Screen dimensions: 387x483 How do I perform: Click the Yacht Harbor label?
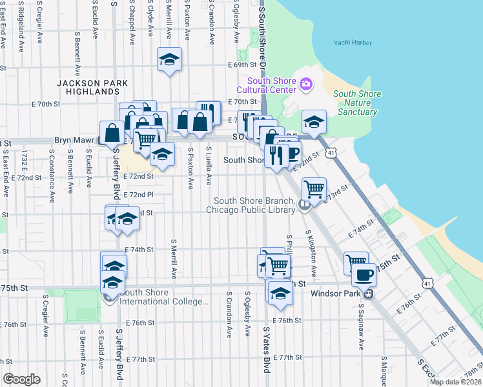coord(353,43)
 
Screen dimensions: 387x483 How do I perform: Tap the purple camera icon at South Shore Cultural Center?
coord(305,83)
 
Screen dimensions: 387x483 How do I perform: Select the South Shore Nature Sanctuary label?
coord(357,103)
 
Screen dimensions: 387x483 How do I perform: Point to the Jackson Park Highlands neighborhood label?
coord(92,88)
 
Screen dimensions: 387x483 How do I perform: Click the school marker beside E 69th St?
coord(169,60)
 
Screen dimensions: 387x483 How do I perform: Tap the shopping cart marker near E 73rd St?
coord(314,190)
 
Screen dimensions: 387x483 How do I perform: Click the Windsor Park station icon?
coord(368,293)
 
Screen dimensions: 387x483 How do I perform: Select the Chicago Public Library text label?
coord(251,209)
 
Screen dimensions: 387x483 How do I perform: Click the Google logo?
coord(21,379)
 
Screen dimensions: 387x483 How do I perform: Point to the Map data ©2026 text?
coord(455,382)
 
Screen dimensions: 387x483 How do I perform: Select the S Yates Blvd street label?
coord(265,349)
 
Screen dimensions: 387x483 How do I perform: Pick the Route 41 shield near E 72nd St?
coord(331,153)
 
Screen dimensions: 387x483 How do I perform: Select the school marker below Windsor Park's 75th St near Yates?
coord(280,293)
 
